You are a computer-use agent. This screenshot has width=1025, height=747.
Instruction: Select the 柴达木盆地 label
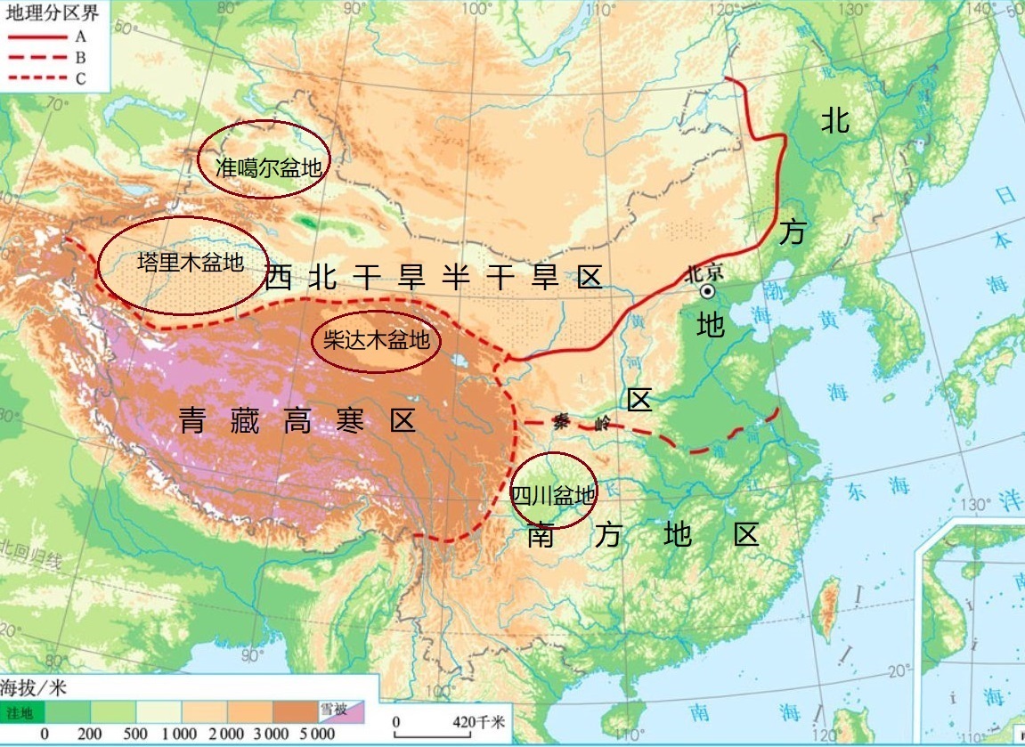(x=376, y=340)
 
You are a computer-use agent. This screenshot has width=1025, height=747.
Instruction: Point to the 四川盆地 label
(x=553, y=494)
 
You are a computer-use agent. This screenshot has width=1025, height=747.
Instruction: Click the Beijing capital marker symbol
(x=707, y=291)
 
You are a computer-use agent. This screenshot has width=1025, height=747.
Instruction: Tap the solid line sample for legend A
(x=37, y=37)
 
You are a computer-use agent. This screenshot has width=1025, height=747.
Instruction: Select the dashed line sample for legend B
(x=37, y=58)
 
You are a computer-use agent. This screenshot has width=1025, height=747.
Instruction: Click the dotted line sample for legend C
(x=37, y=78)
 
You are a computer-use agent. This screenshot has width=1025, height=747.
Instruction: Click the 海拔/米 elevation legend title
(x=33, y=688)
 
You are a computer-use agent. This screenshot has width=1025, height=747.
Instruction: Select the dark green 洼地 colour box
(x=21, y=712)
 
